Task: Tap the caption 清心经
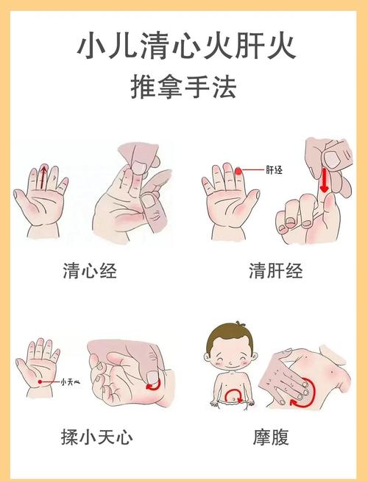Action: (90, 272)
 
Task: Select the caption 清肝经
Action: (276, 272)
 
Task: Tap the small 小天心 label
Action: (69, 382)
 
